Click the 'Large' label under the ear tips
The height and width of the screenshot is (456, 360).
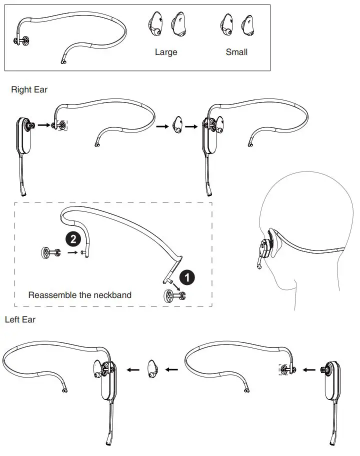166,52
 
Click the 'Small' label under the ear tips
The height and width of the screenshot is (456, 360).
236,52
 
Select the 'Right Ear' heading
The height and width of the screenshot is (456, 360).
29,89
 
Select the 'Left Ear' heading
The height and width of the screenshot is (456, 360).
20,319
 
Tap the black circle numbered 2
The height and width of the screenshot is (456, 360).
73,239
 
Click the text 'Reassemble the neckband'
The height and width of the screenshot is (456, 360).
79,295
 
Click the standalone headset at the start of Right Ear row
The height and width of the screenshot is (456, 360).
24,145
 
